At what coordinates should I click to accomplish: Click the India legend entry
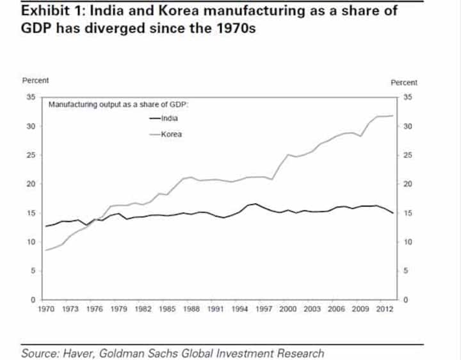click(x=164, y=119)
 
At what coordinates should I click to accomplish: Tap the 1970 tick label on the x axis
click(x=45, y=309)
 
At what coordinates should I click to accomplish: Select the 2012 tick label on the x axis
click(x=384, y=309)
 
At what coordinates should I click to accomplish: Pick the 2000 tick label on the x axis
click(x=287, y=309)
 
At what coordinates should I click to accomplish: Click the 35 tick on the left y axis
click(x=31, y=97)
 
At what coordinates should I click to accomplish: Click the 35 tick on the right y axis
click(x=408, y=97)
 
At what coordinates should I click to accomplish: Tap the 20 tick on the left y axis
click(x=31, y=184)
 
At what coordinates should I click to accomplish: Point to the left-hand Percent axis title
click(x=35, y=81)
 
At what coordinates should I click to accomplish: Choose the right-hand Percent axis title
click(x=403, y=83)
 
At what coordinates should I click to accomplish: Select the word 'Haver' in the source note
click(x=78, y=353)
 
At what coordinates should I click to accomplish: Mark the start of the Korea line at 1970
click(x=45, y=250)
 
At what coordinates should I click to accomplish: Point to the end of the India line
click(x=392, y=213)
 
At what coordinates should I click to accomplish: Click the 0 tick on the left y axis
click(x=33, y=300)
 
